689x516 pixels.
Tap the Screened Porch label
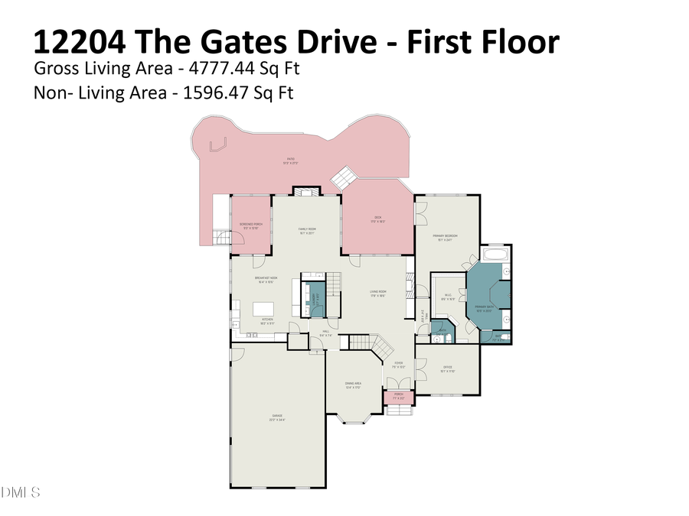pos(252,226)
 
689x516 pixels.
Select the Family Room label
pos(307,231)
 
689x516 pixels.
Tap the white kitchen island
pos(258,310)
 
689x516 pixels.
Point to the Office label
pos(448,369)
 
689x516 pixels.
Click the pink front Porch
pos(398,398)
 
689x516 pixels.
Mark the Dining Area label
pos(352,385)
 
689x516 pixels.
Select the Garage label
pos(276,417)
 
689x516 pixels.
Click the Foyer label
pos(398,365)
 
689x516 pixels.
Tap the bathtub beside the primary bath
pos(497,255)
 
